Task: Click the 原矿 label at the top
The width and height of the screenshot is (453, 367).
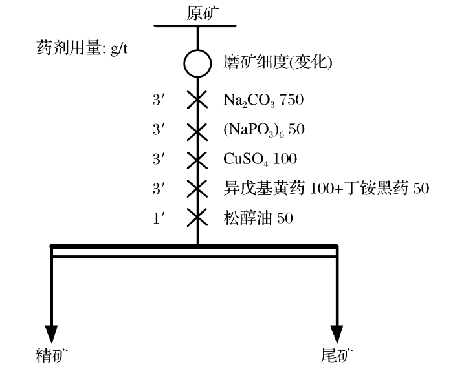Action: (198, 12)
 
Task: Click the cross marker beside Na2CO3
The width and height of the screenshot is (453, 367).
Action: (198, 100)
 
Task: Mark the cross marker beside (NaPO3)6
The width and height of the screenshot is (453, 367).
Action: (198, 130)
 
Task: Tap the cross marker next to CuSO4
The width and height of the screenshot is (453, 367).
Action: (198, 159)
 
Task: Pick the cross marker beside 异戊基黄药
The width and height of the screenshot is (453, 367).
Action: (198, 189)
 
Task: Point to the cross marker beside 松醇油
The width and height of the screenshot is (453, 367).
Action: (198, 218)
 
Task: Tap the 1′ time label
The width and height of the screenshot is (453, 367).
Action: (159, 218)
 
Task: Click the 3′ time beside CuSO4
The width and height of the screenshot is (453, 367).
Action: (159, 159)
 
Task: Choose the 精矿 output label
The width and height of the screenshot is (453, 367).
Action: (51, 354)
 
